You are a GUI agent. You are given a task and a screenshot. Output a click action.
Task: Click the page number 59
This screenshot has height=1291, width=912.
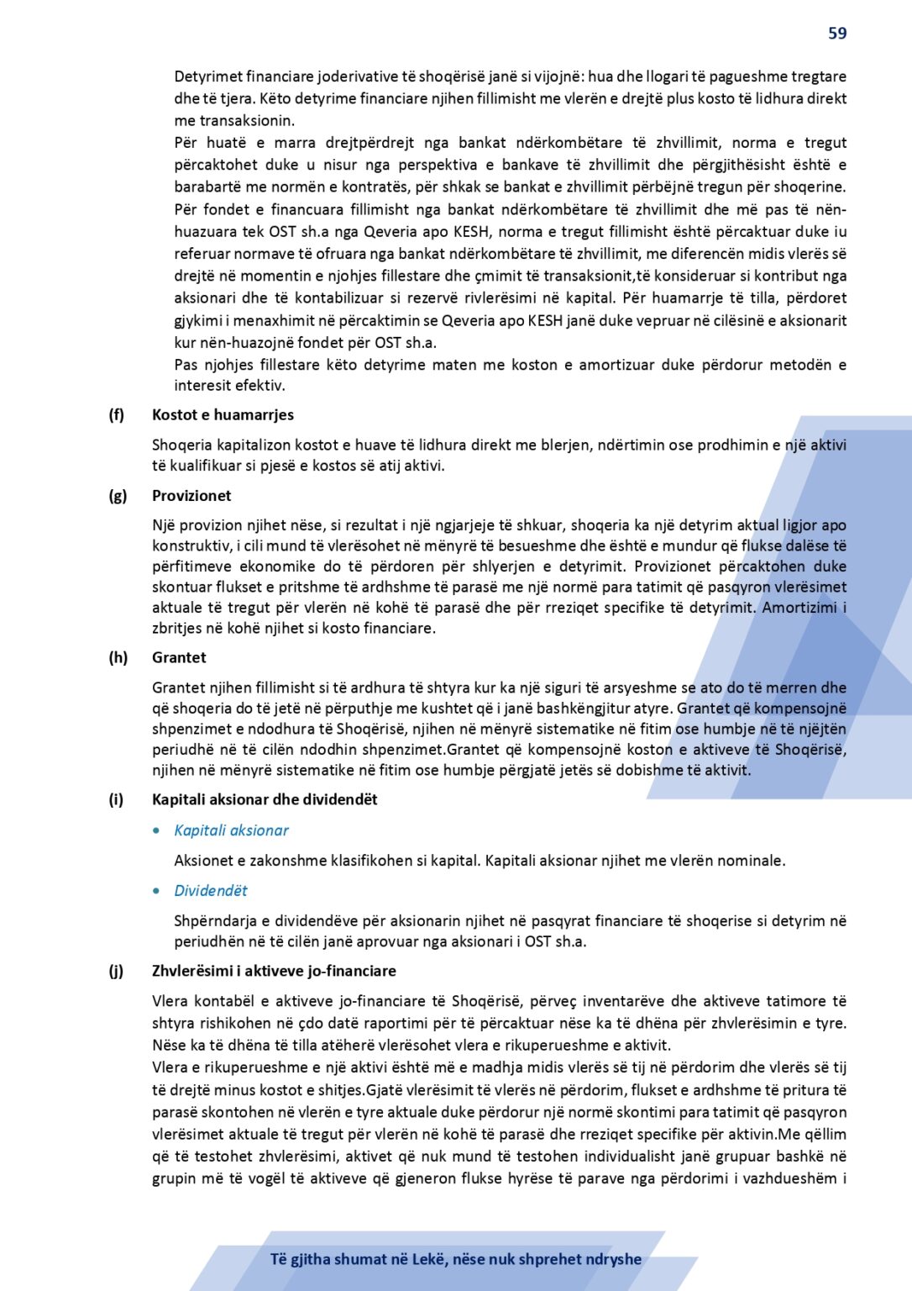tap(837, 34)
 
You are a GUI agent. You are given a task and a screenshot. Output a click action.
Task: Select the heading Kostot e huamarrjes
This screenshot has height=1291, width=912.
tap(223, 414)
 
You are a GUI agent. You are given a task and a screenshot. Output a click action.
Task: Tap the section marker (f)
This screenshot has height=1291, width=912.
tap(116, 414)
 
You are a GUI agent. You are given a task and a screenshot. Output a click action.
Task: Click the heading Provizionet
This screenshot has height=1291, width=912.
tap(191, 495)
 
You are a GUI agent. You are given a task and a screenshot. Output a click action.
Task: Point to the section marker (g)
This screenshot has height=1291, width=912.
tap(118, 495)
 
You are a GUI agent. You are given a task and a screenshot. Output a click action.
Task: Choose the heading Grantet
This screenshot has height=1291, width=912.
tap(179, 657)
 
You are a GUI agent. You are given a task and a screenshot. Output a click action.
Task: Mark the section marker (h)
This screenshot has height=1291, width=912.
tap(118, 657)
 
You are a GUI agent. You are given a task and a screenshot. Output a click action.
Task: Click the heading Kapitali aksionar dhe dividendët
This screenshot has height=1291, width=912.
tap(265, 799)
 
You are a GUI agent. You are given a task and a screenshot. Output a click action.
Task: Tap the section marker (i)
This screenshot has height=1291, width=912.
tap(116, 799)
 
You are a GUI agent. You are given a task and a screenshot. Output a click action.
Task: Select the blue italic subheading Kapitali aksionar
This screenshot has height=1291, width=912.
tap(231, 830)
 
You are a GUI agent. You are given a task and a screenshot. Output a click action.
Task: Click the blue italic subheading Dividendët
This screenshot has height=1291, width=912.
tap(211, 891)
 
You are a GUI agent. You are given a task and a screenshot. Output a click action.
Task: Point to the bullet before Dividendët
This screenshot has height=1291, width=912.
tap(157, 891)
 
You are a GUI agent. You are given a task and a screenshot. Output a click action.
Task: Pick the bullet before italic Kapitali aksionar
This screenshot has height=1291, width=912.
tap(157, 830)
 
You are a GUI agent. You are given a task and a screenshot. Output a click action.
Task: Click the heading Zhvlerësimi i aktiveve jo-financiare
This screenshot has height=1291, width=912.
tap(274, 971)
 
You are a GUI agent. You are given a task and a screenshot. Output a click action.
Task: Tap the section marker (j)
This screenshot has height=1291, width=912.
tap(116, 971)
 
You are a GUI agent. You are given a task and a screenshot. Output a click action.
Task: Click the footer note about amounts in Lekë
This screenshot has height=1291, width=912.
tap(456, 1259)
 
